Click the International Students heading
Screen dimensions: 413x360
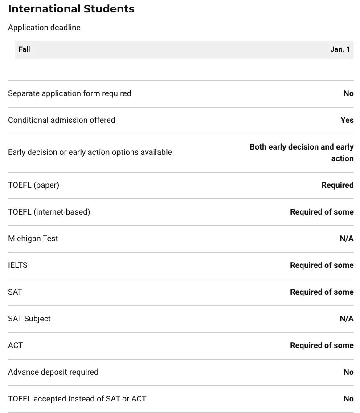coord(71,9)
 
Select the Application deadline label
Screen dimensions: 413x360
coord(44,28)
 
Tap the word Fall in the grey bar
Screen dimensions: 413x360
coord(25,49)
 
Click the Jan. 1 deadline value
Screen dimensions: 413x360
coord(340,49)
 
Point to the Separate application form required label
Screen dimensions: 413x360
coord(70,93)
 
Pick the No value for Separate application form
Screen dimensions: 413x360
coord(348,93)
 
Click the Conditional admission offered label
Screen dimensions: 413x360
coord(61,120)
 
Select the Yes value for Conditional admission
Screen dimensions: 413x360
coord(347,120)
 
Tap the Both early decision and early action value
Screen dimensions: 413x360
coord(302,152)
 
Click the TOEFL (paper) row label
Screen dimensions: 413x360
coord(33,185)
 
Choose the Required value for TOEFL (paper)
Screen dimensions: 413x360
coord(337,185)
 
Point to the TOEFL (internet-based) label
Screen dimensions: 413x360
coord(49,212)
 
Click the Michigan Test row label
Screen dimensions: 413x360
coord(33,239)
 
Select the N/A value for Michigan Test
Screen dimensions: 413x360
coord(346,239)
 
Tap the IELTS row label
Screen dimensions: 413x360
coord(18,265)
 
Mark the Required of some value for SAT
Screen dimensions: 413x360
coord(322,292)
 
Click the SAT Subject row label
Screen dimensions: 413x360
coord(29,319)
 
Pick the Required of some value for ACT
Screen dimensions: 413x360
coord(322,345)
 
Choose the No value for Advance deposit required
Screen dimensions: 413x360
coord(348,372)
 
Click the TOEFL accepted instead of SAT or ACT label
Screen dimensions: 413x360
coord(77,399)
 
